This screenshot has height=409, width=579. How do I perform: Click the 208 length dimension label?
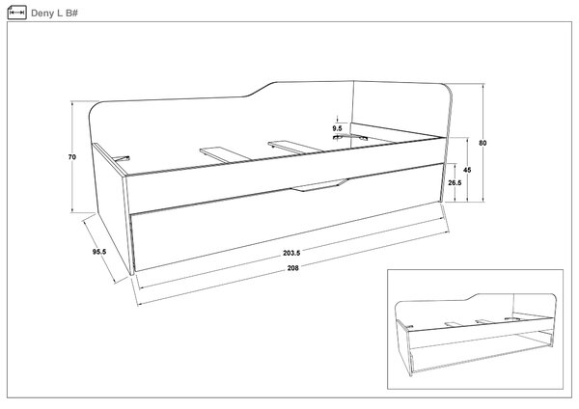coord(292,268)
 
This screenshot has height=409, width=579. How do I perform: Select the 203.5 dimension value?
coord(291,254)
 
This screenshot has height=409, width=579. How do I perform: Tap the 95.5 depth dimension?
coord(99,252)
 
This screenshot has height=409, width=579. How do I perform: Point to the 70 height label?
coord(72,157)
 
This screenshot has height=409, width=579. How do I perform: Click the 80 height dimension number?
coord(482,143)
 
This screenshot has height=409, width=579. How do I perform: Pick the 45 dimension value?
coord(467,170)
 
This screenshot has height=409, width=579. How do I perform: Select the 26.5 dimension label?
coord(455,182)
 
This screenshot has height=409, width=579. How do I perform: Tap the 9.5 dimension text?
coord(337,128)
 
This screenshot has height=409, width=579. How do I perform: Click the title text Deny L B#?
coord(54,14)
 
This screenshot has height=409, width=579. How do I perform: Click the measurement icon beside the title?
coord(16,13)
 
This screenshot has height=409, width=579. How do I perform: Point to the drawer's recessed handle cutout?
coord(319,185)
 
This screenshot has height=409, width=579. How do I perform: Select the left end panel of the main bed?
coord(111,206)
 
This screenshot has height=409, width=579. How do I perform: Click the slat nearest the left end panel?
coord(122,159)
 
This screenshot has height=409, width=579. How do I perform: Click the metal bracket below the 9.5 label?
coord(337,137)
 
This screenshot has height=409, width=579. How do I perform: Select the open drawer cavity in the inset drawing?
coord(480,351)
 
